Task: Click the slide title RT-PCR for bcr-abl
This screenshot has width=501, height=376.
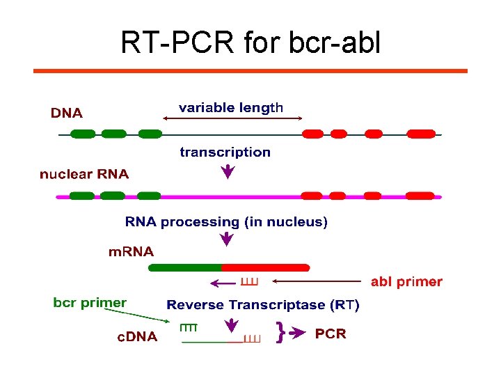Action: (250, 43)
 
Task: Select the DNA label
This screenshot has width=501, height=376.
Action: (67, 113)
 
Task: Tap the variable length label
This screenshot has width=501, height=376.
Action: (231, 108)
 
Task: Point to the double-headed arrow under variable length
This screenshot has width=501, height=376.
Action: (232, 119)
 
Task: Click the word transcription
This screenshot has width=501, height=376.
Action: (225, 152)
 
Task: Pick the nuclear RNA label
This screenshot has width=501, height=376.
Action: (84, 174)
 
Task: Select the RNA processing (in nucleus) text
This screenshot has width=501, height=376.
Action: (226, 222)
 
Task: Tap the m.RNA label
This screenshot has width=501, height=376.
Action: (131, 251)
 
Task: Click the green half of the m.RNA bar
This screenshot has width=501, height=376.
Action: (185, 267)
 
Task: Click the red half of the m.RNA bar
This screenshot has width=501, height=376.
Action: (265, 267)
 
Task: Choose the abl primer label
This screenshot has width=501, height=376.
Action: (406, 282)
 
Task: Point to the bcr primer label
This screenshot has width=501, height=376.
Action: (90, 303)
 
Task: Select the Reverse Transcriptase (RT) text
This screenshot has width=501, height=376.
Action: (263, 305)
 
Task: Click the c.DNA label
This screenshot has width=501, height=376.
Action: (136, 337)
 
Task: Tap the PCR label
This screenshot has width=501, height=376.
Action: (331, 334)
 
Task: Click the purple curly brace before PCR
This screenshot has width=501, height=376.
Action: (280, 333)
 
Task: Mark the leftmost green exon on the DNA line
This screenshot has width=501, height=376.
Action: (83, 134)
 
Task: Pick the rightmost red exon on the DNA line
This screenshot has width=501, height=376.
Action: (421, 134)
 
